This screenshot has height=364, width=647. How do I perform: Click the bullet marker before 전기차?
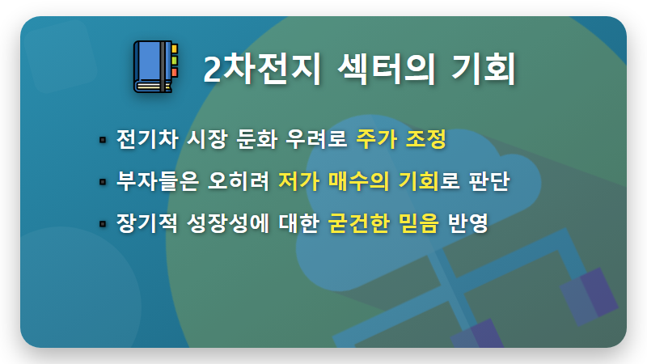point(103,140)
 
